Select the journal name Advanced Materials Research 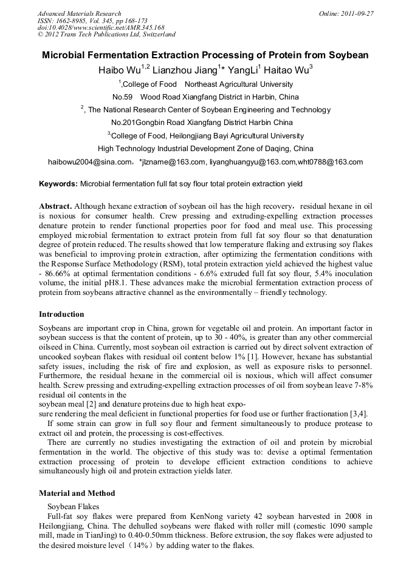(79, 13)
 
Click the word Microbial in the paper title (65, 55)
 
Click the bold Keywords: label (58, 183)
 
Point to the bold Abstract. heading (56, 206)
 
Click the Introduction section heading (61, 314)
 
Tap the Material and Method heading (77, 493)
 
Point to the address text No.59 (123, 96)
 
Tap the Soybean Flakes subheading (72, 506)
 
